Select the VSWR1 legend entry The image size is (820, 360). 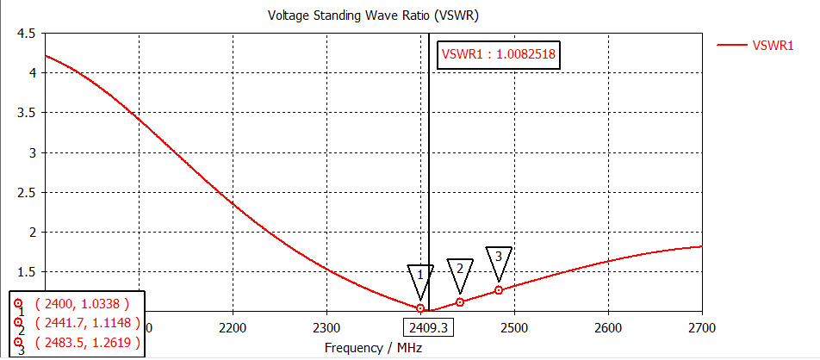(x=773, y=45)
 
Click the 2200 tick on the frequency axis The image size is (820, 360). (x=233, y=327)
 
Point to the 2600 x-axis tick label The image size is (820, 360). (x=608, y=327)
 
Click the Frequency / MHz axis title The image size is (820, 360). (x=366, y=347)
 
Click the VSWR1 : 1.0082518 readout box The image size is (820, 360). (x=499, y=53)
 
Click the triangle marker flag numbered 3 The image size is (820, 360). (x=498, y=258)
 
